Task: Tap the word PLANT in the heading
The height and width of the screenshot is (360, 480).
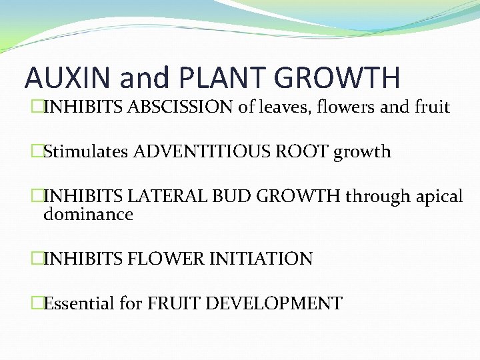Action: click(233, 77)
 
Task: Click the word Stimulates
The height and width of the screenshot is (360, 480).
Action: click(86, 151)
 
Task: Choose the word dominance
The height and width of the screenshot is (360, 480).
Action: click(88, 215)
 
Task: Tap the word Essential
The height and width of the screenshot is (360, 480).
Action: click(79, 304)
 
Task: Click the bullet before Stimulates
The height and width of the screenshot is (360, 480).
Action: click(37, 151)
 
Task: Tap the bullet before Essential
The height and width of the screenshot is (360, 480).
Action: click(37, 304)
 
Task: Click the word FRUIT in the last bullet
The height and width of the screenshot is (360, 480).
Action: click(170, 304)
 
